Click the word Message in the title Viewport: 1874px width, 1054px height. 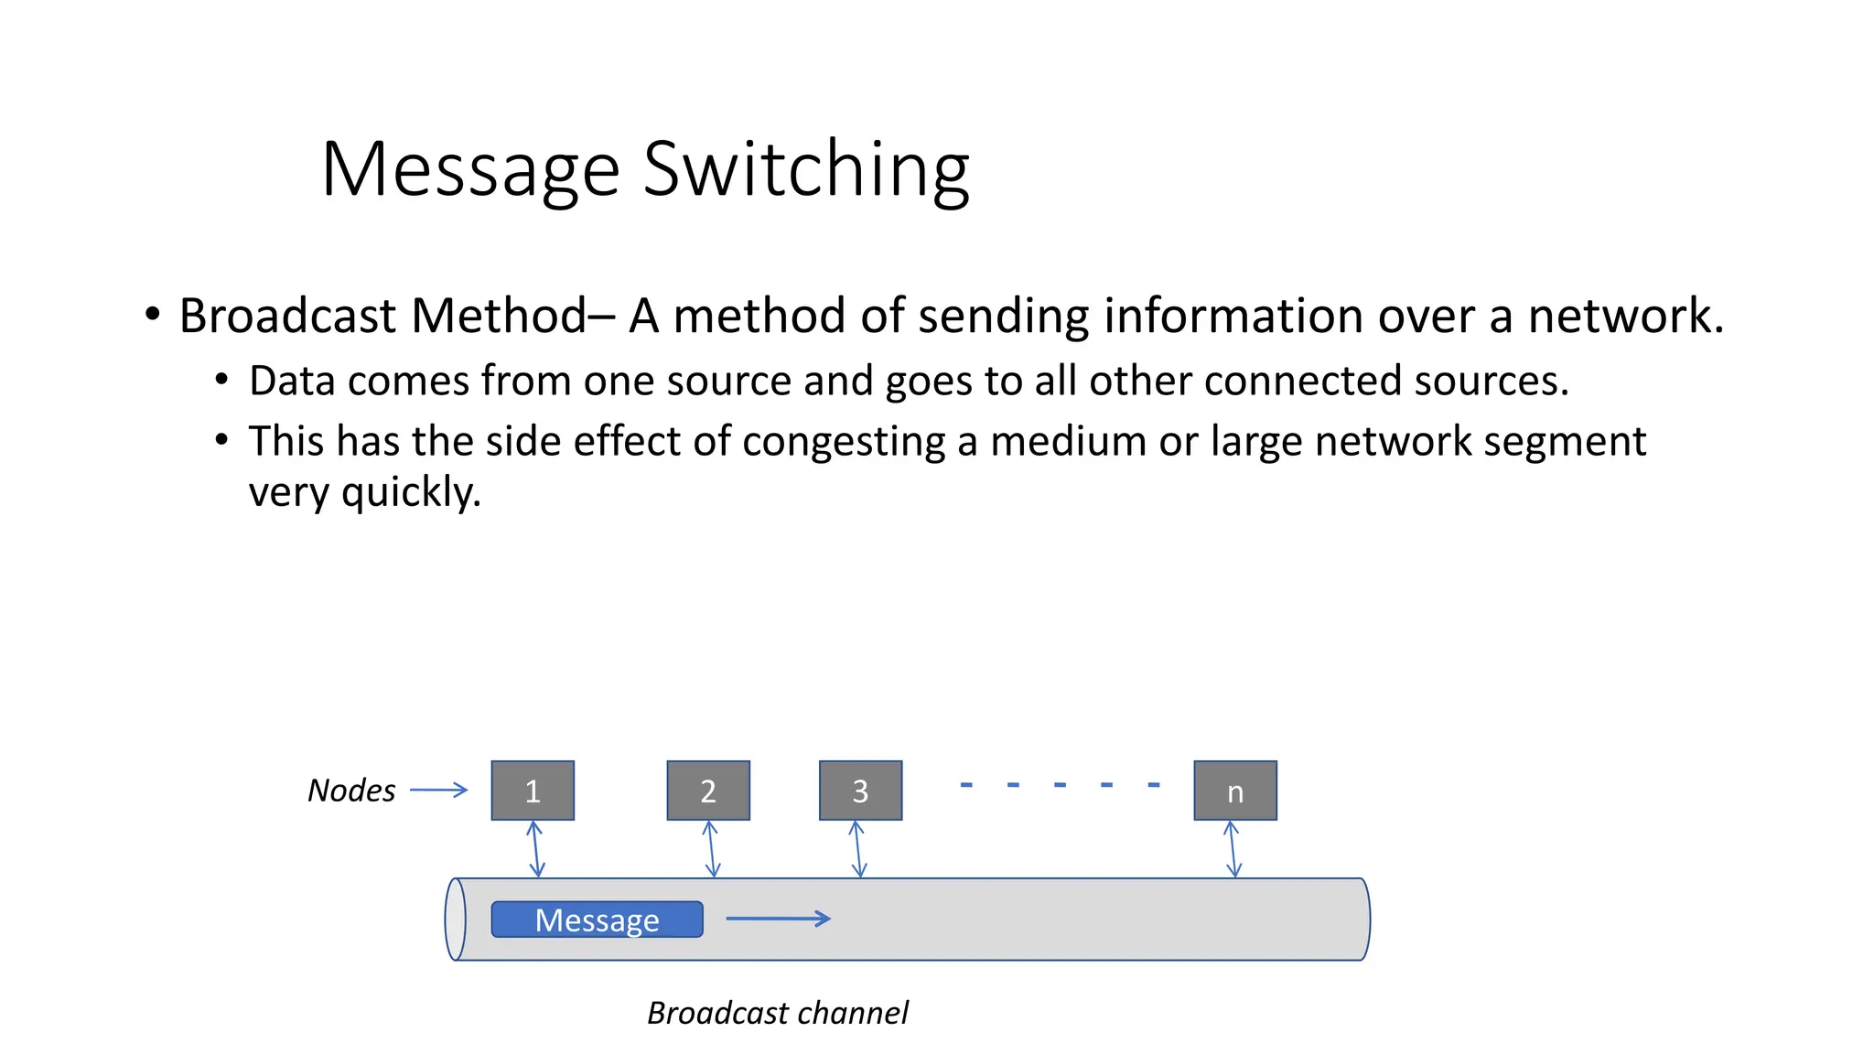[471, 170]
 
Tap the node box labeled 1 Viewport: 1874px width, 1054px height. [533, 790]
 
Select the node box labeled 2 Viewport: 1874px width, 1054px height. [708, 790]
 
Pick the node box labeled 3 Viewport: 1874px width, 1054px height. [860, 790]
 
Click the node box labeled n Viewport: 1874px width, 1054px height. [1235, 790]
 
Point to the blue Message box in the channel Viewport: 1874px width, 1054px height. [597, 920]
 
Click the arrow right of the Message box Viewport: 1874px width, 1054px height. [778, 918]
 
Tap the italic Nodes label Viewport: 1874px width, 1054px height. [351, 790]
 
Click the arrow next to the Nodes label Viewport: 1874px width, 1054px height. [438, 790]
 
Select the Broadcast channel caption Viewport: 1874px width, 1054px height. [778, 1013]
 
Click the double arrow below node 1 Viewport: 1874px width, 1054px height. [536, 849]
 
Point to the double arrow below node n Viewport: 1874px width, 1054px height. [1233, 849]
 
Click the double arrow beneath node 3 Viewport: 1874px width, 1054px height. [857, 849]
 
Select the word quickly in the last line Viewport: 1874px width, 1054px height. [411, 492]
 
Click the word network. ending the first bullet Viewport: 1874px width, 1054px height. [1625, 316]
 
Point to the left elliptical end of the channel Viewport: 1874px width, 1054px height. [455, 920]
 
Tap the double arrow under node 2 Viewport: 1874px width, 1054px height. [711, 849]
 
